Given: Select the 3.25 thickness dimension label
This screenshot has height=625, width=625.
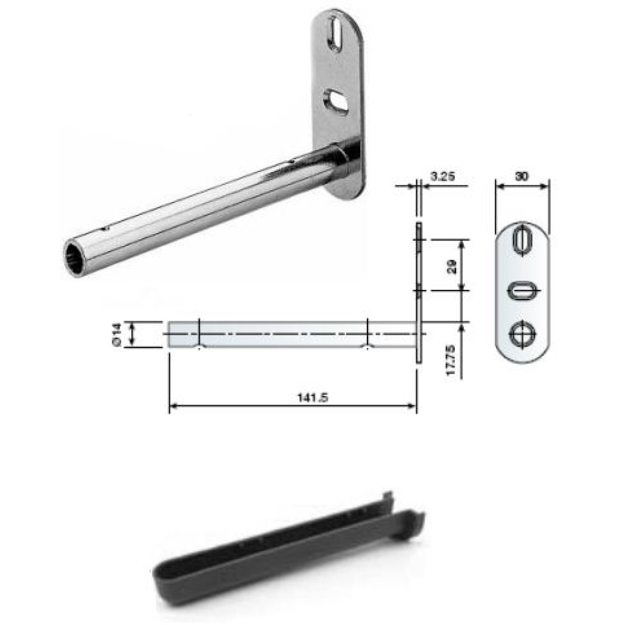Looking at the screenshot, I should tap(441, 176).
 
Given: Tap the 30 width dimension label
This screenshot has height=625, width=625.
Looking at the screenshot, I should tap(521, 176).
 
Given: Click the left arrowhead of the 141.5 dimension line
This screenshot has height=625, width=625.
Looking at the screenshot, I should tap(172, 405).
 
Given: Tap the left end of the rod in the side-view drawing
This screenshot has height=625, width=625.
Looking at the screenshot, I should tap(170, 334).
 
